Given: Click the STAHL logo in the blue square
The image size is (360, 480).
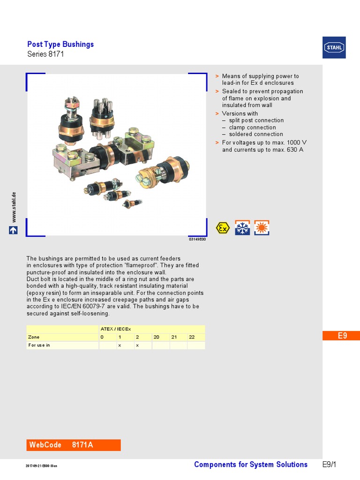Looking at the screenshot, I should coord(334,47).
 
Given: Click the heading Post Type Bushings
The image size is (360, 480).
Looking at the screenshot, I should coord(60,45).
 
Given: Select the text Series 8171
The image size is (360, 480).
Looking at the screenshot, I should coord(45,54).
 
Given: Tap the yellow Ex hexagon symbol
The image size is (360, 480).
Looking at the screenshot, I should coord(223,228).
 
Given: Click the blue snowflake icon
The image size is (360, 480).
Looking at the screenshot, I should coord(242,228).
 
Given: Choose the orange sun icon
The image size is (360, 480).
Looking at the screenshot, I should coord(262,228).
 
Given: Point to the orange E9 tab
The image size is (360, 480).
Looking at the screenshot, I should coord(342,336).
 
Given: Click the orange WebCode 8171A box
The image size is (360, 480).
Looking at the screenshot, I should coord(74,445).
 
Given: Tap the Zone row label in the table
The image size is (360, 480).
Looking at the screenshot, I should coord(34,337).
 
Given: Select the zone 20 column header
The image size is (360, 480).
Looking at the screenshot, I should coord(156,337).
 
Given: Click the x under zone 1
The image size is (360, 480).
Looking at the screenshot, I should coord(120,345).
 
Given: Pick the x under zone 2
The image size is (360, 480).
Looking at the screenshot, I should coord(137,345).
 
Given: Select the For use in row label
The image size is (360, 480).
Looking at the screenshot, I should coord(39,345).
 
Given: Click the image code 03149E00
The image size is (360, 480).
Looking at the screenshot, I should coord(197,239).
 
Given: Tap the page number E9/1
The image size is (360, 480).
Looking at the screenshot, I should coord(330,465).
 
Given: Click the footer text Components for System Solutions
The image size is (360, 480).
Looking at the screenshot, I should coord(251,465).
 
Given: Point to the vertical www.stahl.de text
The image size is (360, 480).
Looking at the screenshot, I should coord(14,207).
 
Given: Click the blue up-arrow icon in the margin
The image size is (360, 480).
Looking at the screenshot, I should coord(14,230).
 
